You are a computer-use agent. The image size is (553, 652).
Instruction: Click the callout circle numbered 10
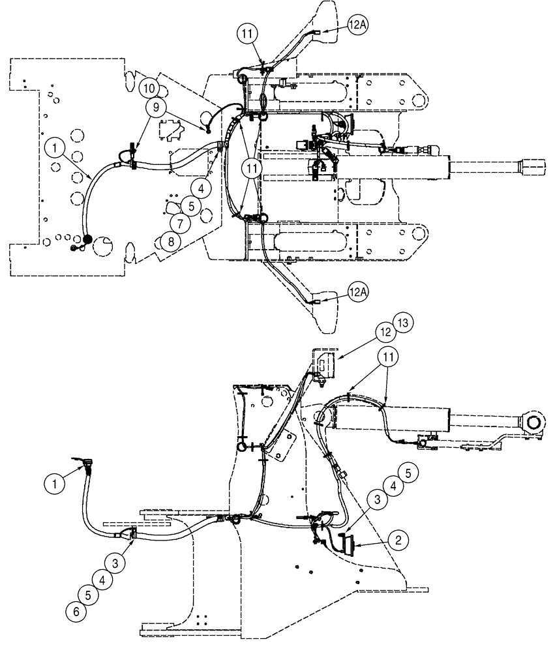pyautogui.click(x=147, y=87)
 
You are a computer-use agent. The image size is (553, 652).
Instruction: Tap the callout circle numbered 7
pyautogui.click(x=181, y=223)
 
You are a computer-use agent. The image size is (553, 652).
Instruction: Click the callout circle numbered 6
pyautogui.click(x=75, y=612)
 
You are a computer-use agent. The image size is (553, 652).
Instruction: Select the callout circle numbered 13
pyautogui.click(x=404, y=323)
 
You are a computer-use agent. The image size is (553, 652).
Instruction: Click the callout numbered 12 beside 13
pyautogui.click(x=386, y=332)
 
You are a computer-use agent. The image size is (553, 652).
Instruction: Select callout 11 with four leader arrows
pyautogui.click(x=254, y=168)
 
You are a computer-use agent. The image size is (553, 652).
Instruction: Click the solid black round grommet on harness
pyautogui.click(x=87, y=241)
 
